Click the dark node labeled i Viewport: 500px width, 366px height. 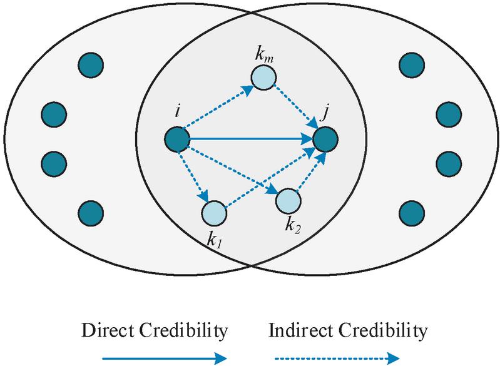tap(178, 140)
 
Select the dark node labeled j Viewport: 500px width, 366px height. tap(325, 140)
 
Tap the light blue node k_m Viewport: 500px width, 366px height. tap(263, 77)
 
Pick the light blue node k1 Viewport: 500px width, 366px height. tap(213, 213)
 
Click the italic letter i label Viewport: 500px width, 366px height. tap(178, 113)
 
